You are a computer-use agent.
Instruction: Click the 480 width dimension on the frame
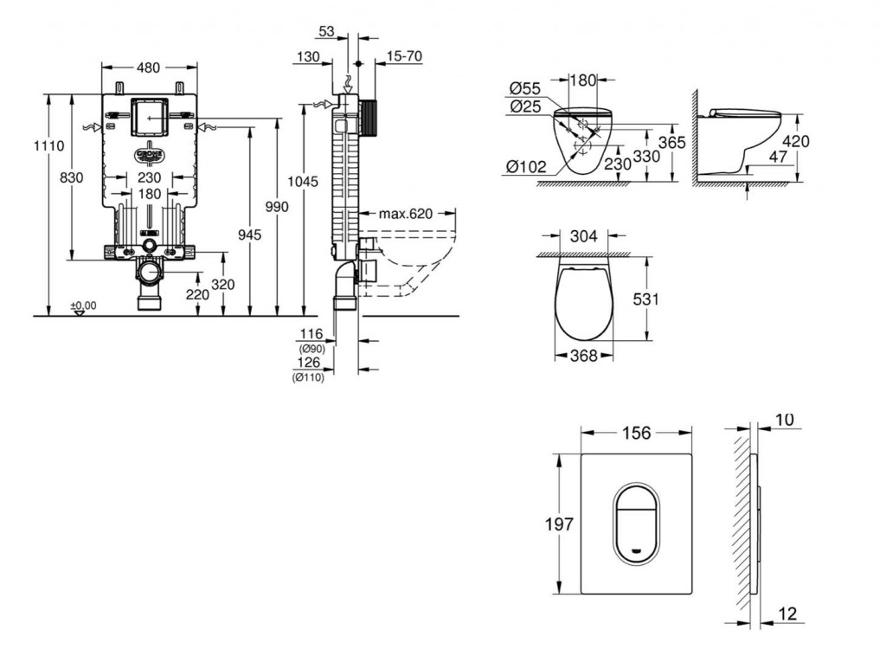tap(149, 67)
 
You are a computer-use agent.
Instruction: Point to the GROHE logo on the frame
tap(149, 154)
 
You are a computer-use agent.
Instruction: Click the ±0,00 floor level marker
tap(83, 305)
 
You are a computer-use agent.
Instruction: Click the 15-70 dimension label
tap(404, 56)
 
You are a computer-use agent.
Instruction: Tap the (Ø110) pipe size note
tap(308, 377)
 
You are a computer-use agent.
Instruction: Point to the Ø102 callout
tap(527, 167)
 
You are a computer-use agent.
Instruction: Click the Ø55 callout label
tap(524, 87)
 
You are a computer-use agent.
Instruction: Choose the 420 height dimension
tap(795, 141)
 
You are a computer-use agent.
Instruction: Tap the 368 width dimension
tap(584, 355)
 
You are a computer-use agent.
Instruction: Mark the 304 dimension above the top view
tap(584, 234)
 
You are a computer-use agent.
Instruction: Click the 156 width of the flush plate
tap(636, 432)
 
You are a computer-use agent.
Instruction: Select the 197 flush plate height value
tap(559, 524)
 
